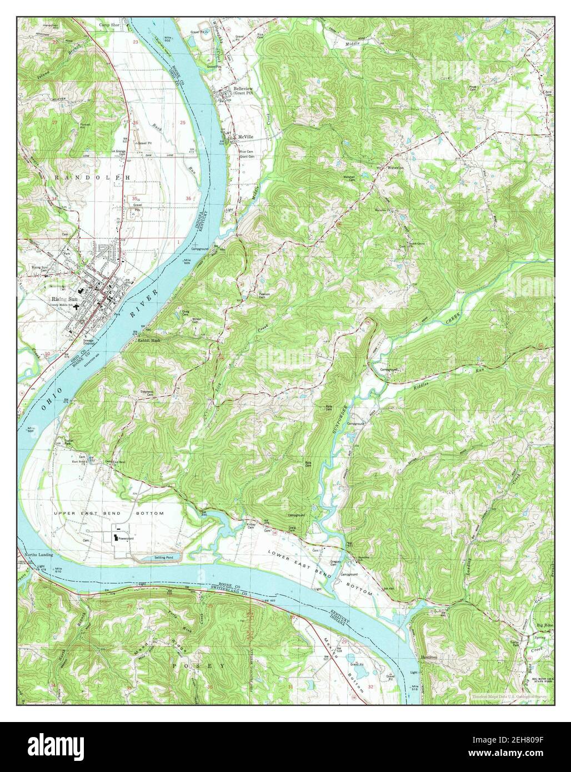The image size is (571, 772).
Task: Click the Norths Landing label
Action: tap(37, 554)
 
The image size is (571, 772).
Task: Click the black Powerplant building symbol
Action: tap(116, 538)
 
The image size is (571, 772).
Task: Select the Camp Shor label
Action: tap(109, 25)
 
